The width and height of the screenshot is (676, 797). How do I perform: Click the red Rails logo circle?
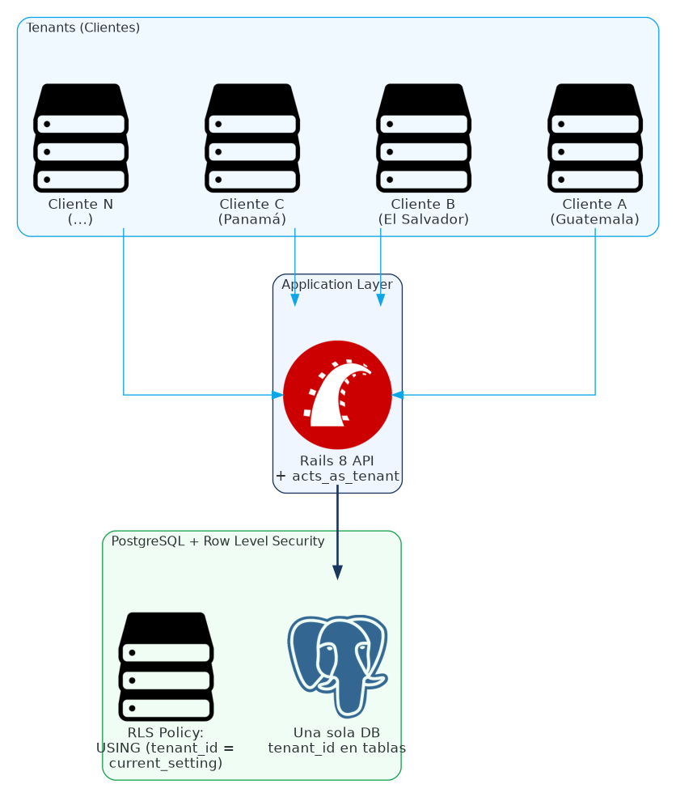tap(337, 395)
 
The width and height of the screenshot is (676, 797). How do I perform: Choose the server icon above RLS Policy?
tap(166, 666)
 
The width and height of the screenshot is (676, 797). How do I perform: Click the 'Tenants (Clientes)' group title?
tap(83, 28)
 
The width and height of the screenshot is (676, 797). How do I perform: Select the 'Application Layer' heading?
tap(337, 285)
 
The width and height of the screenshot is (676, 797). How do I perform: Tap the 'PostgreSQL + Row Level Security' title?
tap(218, 541)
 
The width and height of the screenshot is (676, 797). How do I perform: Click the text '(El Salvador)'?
tap(423, 219)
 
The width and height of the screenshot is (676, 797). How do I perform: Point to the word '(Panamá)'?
tap(252, 219)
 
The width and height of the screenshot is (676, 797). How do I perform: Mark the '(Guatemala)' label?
tap(594, 219)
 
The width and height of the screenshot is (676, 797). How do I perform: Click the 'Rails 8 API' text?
tap(337, 460)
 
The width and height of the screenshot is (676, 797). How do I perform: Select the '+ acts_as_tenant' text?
tap(337, 476)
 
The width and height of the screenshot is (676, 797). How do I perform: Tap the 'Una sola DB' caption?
tap(337, 732)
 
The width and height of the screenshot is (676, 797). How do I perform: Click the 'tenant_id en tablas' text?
tap(337, 748)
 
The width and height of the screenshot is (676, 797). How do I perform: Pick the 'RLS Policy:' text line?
tap(166, 732)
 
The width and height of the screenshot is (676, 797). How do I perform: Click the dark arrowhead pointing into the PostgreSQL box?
tap(337, 572)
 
